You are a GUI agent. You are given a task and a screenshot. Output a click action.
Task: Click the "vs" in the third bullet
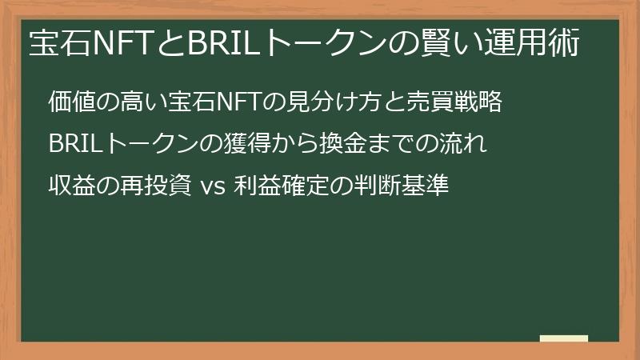pyautogui.click(x=213, y=188)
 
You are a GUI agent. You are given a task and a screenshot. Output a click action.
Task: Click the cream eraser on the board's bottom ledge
pyautogui.click(x=564, y=338)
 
